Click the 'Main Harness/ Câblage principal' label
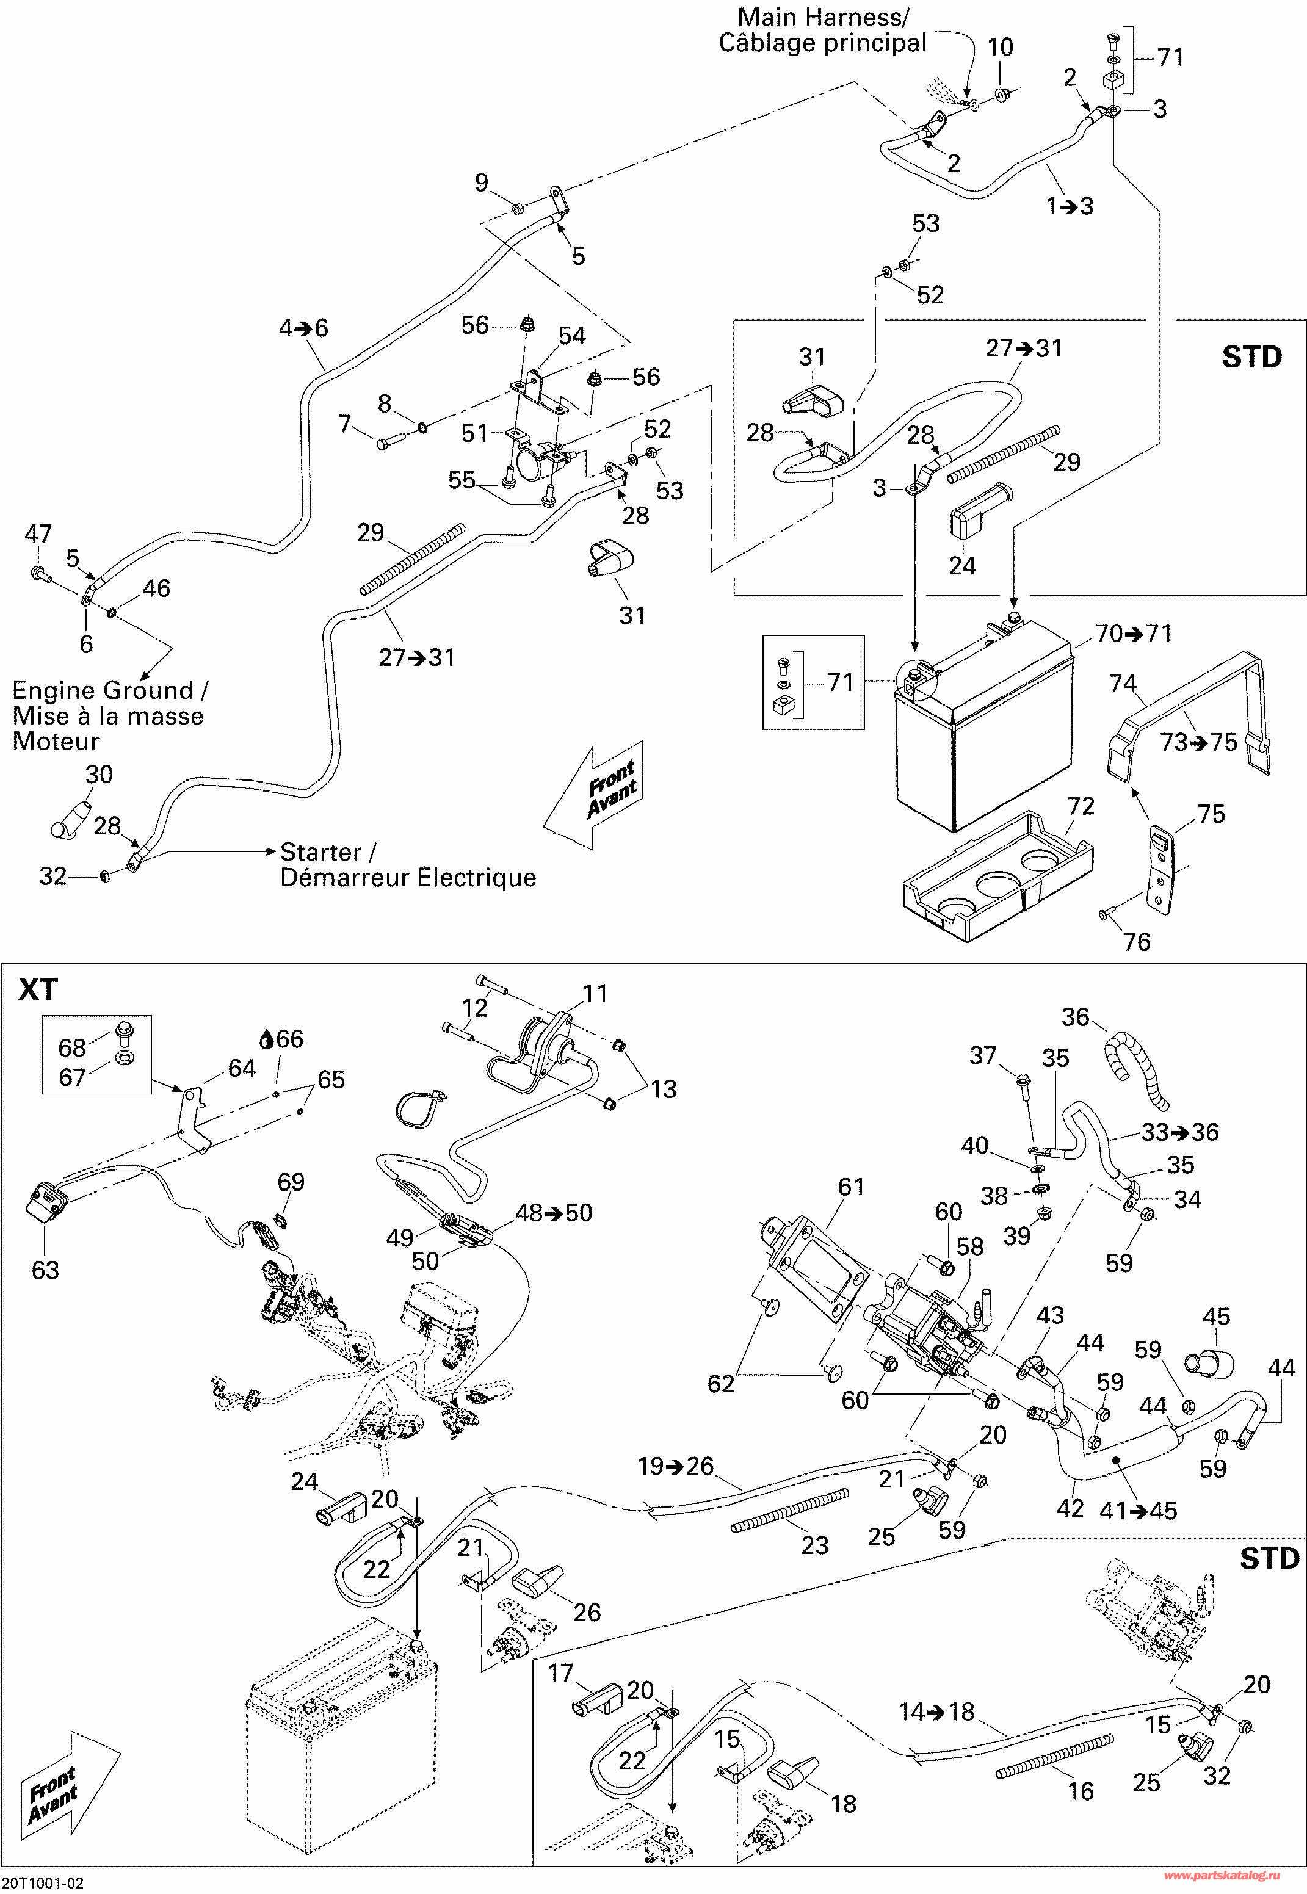822,31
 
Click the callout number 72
1081,806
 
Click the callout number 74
1122,683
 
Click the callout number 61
851,1187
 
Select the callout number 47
38,534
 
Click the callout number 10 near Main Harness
1000,48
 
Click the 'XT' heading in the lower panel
38,990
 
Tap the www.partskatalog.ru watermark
1221,1875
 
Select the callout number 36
1075,1017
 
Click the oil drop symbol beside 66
266,1040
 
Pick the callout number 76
1137,942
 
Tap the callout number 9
482,183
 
